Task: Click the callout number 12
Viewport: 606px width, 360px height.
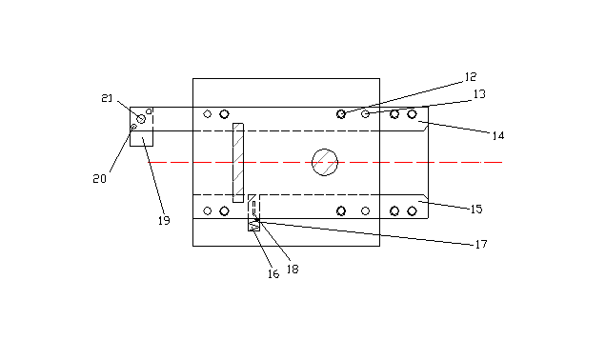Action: pyautogui.click(x=471, y=77)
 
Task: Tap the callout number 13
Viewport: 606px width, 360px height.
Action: pyautogui.click(x=479, y=94)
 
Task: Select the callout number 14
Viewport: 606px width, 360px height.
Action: pyautogui.click(x=498, y=135)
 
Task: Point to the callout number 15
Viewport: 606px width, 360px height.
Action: pyautogui.click(x=476, y=209)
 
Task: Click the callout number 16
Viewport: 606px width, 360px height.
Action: pyautogui.click(x=273, y=274)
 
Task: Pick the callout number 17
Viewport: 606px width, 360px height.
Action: pyautogui.click(x=481, y=244)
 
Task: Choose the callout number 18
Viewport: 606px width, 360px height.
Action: pyautogui.click(x=293, y=270)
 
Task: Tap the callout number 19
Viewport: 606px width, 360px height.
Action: pyautogui.click(x=164, y=221)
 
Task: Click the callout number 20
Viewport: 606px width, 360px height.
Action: pyautogui.click(x=99, y=179)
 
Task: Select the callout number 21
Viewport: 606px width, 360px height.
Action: pyautogui.click(x=107, y=98)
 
